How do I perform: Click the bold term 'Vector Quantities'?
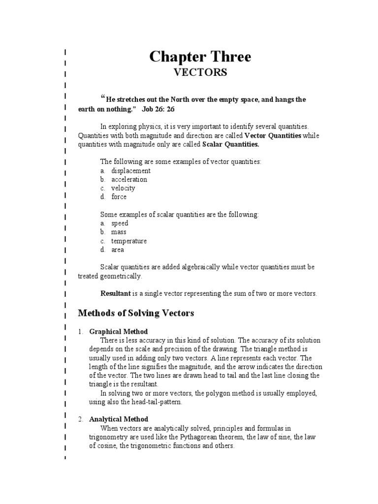pos(273,135)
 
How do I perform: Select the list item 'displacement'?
pos(130,170)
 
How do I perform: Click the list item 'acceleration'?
pos(129,179)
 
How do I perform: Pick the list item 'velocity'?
pos(123,188)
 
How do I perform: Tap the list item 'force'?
pos(119,197)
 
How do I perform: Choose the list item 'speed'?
pos(119,223)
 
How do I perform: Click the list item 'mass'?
pos(118,232)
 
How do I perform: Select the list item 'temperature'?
pos(128,241)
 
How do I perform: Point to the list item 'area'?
pos(117,250)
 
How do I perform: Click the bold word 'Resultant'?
pos(116,293)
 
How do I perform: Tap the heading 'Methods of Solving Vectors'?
pos(136,313)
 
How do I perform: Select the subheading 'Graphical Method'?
pos(118,332)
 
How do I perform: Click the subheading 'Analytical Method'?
pos(118,419)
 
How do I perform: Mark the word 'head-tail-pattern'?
pos(156,402)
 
